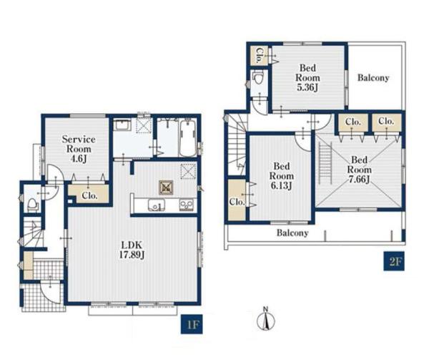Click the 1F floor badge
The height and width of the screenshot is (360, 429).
coord(192,324)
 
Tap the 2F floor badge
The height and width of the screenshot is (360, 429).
coord(394,261)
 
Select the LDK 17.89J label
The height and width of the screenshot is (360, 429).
coord(132,250)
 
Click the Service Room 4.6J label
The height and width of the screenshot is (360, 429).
coord(79,149)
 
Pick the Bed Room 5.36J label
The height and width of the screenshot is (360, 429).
coord(307,78)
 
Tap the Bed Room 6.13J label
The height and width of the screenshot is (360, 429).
coord(282,176)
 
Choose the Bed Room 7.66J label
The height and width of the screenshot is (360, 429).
coord(360,170)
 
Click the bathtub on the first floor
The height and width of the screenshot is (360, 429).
coord(189,138)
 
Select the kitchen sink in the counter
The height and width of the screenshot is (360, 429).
coord(156,205)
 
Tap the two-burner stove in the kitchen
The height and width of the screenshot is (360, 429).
coord(187,205)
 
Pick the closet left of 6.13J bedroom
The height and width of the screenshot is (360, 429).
coord(237,200)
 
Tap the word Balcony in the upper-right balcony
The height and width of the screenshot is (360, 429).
coord(373,78)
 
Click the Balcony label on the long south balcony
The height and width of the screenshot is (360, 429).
coord(292,233)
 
